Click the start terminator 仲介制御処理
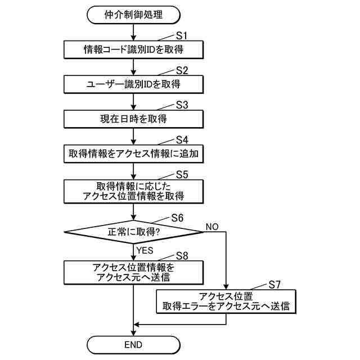pyautogui.click(x=133, y=15)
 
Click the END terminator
pyautogui.click(x=133, y=344)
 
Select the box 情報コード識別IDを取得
pyautogui.click(x=133, y=49)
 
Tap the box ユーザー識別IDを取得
pyautogui.click(x=133, y=84)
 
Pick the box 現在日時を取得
pyautogui.click(x=133, y=119)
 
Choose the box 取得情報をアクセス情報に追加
pyautogui.click(x=133, y=154)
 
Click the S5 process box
pyautogui.click(x=133, y=191)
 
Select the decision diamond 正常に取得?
pyautogui.click(x=133, y=232)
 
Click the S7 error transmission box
pyautogui.click(x=226, y=301)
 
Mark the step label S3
pyautogui.click(x=182, y=105)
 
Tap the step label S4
pyautogui.click(x=182, y=139)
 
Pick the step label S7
pyautogui.click(x=275, y=285)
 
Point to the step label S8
pyautogui.click(x=182, y=256)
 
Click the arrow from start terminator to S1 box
pyautogui.click(x=133, y=32)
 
